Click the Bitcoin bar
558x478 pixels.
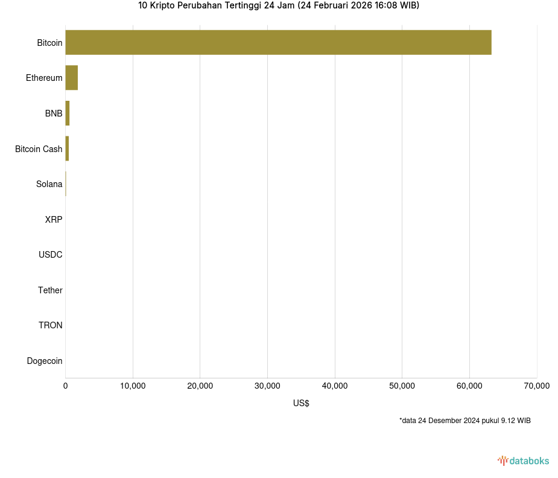[278, 42]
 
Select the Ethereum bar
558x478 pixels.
[72, 78]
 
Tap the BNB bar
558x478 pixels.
[68, 113]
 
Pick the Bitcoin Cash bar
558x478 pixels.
[67, 148]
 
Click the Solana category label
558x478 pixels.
[49, 184]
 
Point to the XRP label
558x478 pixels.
[54, 220]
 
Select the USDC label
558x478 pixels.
[51, 255]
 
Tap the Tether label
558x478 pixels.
[50, 290]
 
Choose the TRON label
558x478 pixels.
[51, 325]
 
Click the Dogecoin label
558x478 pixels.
[45, 361]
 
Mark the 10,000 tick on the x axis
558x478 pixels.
[133, 386]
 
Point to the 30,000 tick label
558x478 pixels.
[267, 386]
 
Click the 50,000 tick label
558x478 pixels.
[402, 386]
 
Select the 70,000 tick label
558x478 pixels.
[536, 386]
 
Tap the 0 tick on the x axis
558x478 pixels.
[66, 386]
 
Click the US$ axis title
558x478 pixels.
[301, 403]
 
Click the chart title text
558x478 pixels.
[279, 5]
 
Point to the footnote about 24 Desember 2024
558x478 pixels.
[464, 421]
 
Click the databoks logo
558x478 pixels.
[524, 461]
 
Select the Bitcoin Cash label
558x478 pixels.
[39, 149]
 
